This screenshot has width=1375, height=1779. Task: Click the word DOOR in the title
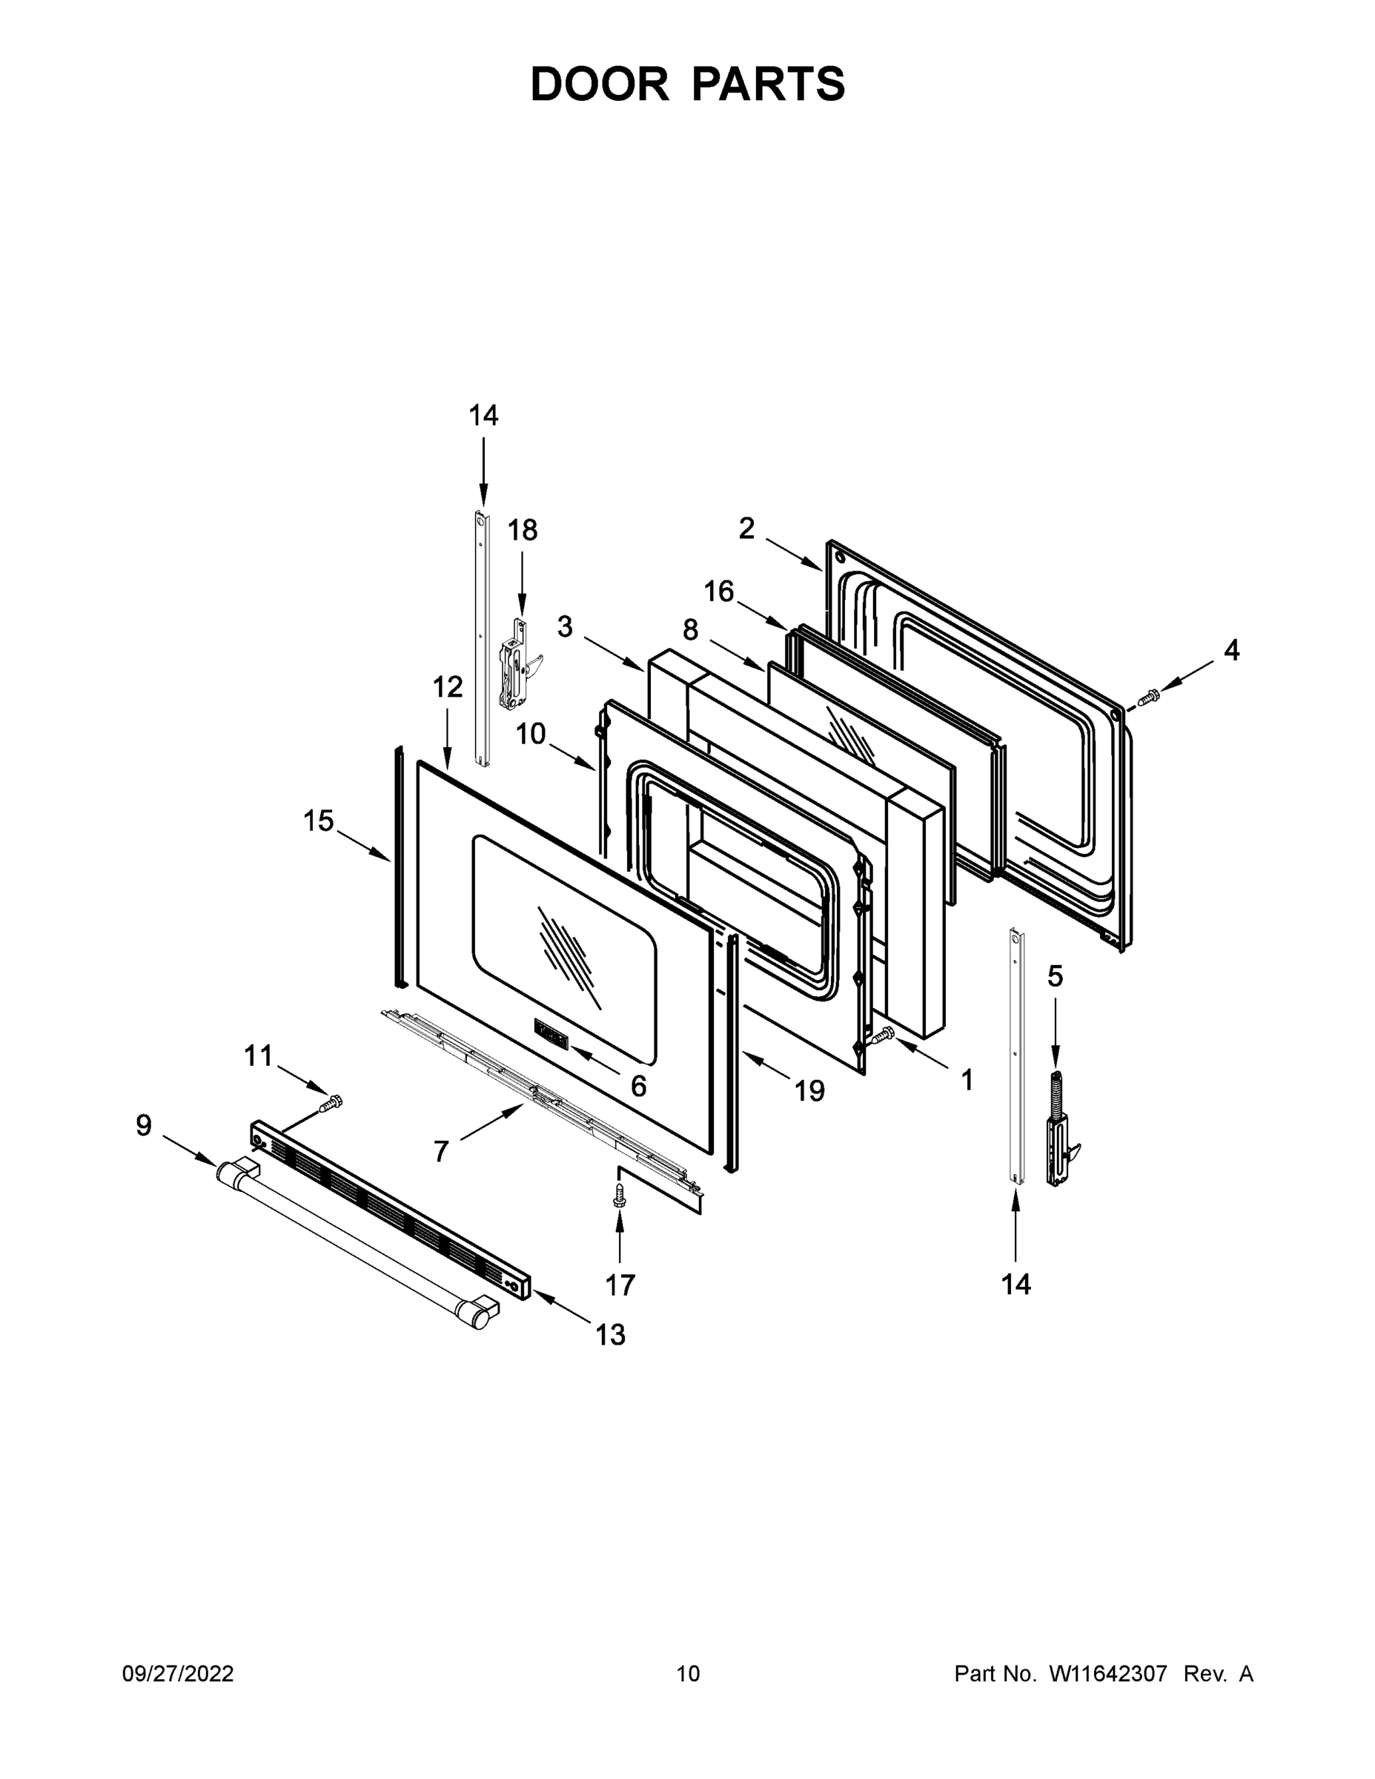[600, 84]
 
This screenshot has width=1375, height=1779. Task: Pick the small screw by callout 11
[331, 1103]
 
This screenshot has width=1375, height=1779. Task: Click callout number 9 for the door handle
[143, 1126]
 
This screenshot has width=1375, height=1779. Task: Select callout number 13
[609, 1334]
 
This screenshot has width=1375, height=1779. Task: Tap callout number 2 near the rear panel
[746, 529]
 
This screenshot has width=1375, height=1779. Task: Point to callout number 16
[719, 591]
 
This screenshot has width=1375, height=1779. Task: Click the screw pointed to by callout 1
[882, 1036]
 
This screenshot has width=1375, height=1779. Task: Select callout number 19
[809, 1090]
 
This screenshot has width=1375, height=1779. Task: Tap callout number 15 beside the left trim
[319, 821]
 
